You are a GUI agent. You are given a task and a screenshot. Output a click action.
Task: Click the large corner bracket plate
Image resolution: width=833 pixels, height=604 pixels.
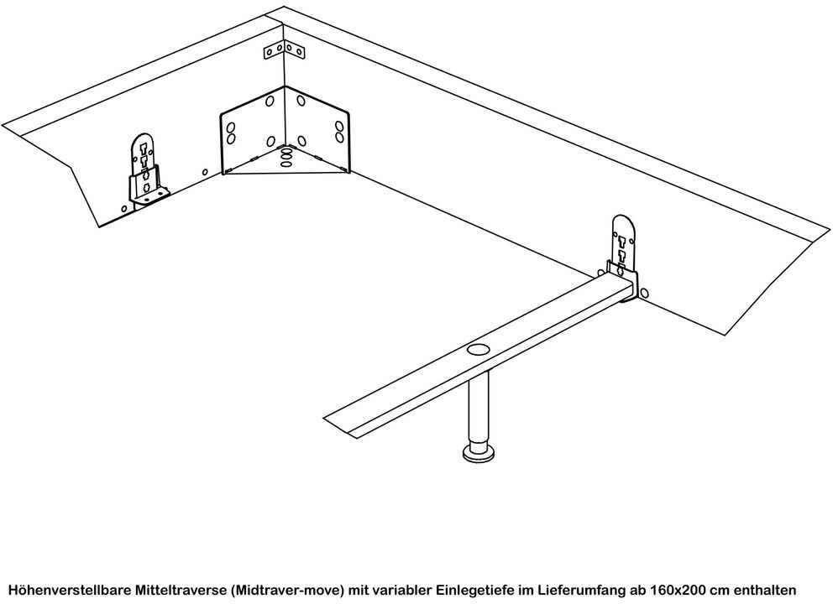284,133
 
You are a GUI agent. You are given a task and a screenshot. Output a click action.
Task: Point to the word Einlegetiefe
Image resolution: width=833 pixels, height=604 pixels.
470,590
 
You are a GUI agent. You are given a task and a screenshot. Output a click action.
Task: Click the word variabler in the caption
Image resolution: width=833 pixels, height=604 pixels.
401,590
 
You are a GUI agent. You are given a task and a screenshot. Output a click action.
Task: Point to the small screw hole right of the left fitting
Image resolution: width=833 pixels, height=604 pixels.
205,173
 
